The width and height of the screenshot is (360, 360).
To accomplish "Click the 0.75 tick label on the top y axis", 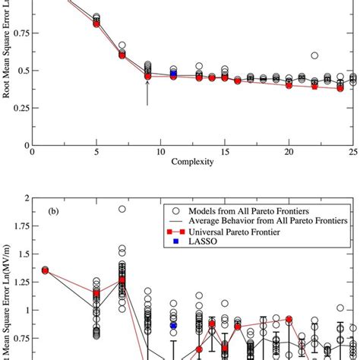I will [17, 33].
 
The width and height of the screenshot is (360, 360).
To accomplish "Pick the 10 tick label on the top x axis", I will [160, 151].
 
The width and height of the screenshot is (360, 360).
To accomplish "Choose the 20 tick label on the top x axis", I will [289, 151].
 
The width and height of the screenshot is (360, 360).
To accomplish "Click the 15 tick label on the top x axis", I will [225, 151].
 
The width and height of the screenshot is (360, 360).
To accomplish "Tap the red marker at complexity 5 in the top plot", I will [96, 24].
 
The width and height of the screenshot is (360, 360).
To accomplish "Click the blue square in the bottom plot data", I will [173, 325].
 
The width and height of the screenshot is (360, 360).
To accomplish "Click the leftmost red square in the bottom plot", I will [44, 270].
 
